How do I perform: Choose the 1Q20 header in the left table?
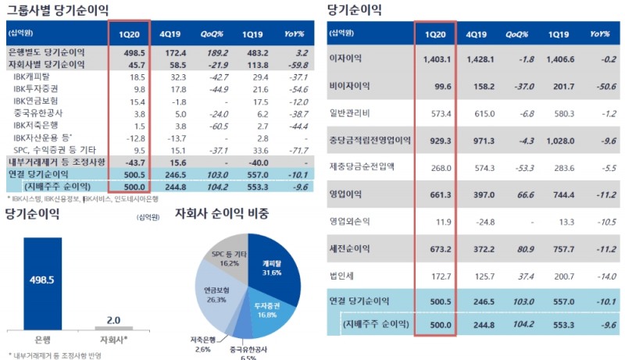[129, 34]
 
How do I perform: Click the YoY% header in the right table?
[599, 35]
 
